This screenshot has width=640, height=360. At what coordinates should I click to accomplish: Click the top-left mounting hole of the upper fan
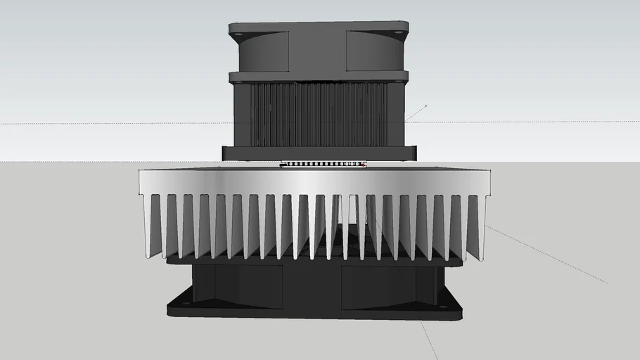(238, 33)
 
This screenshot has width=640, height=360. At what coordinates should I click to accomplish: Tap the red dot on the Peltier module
(363, 166)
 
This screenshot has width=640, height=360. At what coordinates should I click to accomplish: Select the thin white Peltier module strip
(324, 165)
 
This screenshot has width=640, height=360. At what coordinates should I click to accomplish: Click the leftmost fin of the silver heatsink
(148, 225)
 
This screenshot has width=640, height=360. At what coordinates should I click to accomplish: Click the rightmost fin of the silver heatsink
(482, 225)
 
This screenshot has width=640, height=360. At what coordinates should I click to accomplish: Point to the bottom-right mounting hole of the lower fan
(442, 307)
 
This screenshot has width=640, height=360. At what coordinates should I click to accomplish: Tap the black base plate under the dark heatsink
(320, 153)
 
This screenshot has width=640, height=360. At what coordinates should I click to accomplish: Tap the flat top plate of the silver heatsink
(316, 181)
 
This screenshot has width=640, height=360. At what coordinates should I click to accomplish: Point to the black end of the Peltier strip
(283, 165)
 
